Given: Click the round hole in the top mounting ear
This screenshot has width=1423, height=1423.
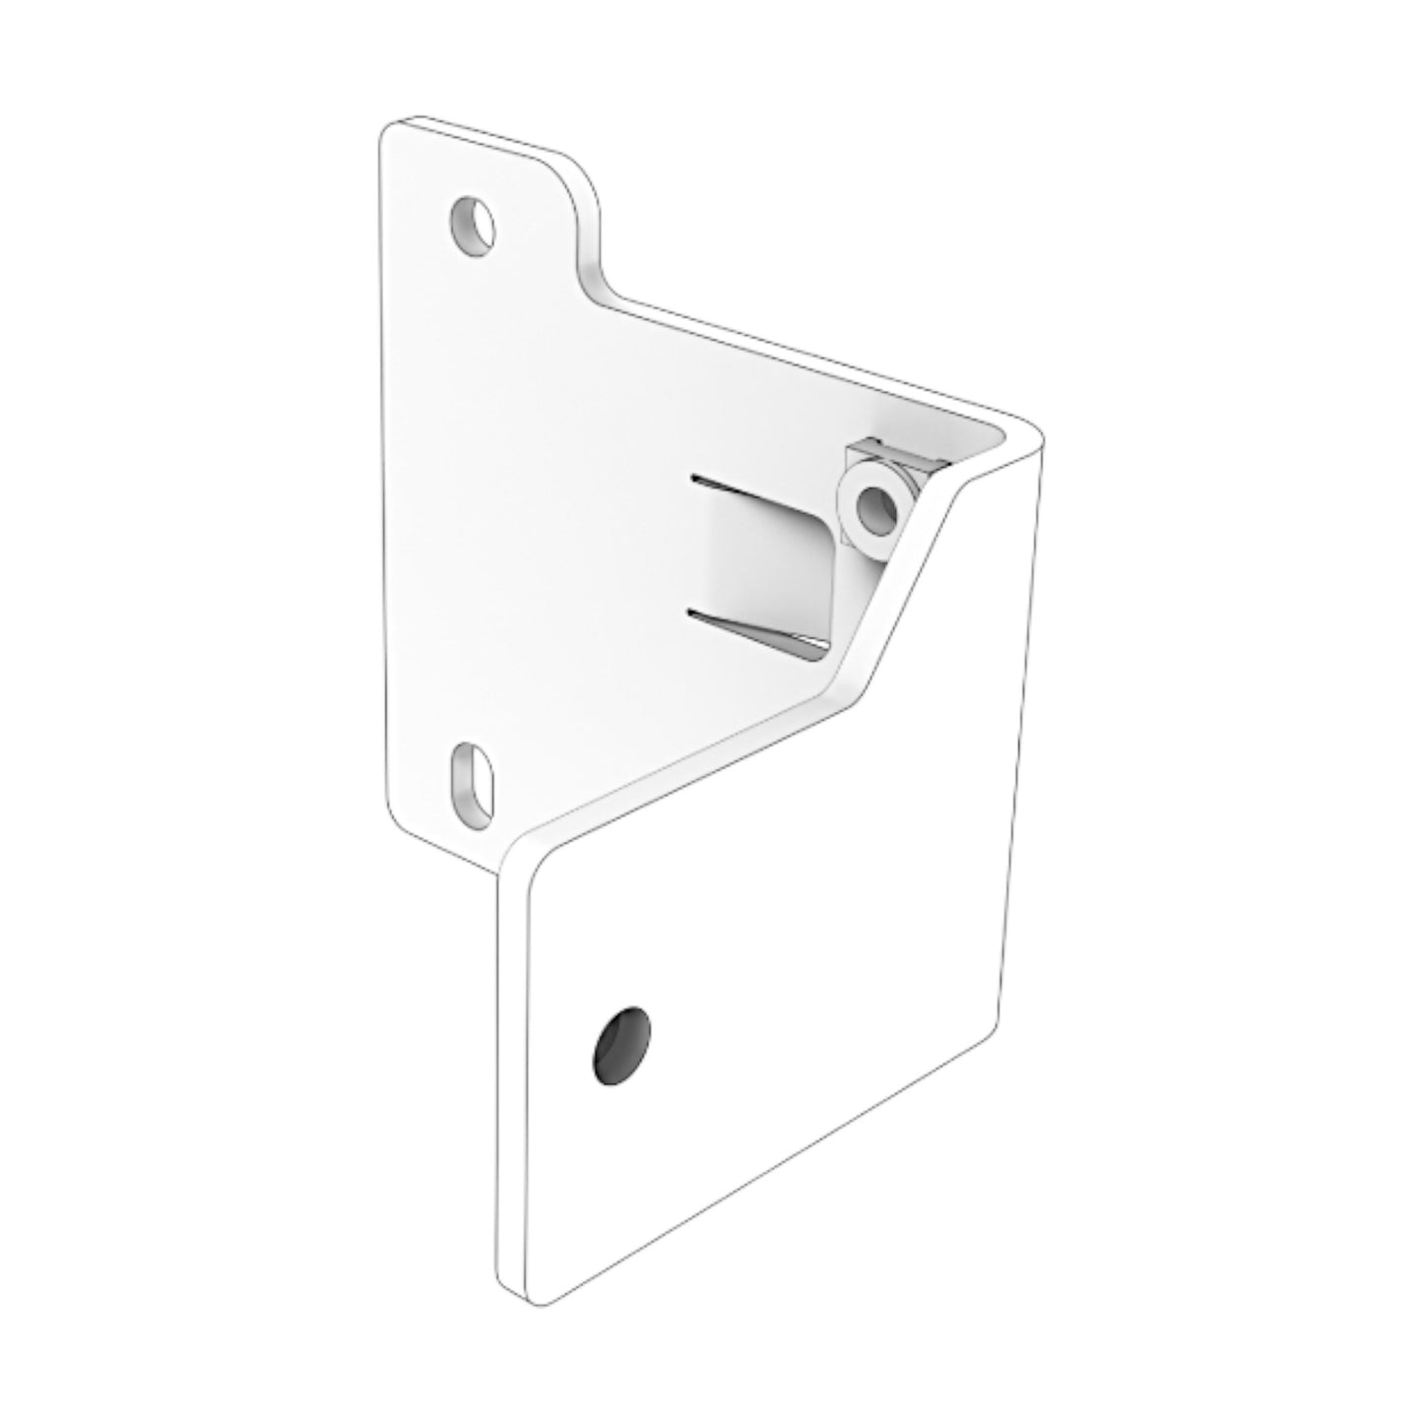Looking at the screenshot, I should pyautogui.click(x=472, y=225).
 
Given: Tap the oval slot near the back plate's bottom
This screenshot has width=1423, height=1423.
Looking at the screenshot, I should pyautogui.click(x=473, y=777).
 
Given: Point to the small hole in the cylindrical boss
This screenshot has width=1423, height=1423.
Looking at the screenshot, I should pyautogui.click(x=873, y=508).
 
